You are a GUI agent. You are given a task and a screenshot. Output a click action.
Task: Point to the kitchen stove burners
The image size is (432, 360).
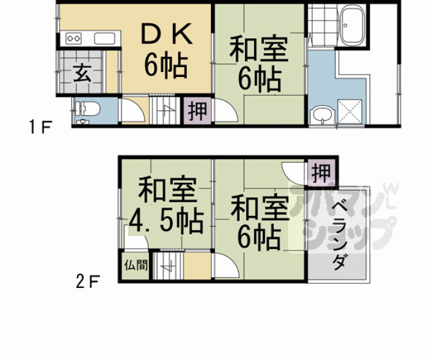[74, 39]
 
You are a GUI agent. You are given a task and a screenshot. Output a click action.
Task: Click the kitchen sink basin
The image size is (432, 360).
[104, 39]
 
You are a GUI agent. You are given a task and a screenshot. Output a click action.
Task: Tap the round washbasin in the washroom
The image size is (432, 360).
[322, 115]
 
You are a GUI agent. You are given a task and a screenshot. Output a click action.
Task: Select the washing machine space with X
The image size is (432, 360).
[351, 111]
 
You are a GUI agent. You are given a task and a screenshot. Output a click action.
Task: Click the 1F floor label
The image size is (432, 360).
[38, 130]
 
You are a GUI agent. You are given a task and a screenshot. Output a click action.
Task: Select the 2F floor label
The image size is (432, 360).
[88, 282]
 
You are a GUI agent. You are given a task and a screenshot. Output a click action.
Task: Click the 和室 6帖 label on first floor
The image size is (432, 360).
[259, 64]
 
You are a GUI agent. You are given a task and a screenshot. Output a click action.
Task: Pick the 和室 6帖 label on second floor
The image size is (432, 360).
[259, 222]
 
